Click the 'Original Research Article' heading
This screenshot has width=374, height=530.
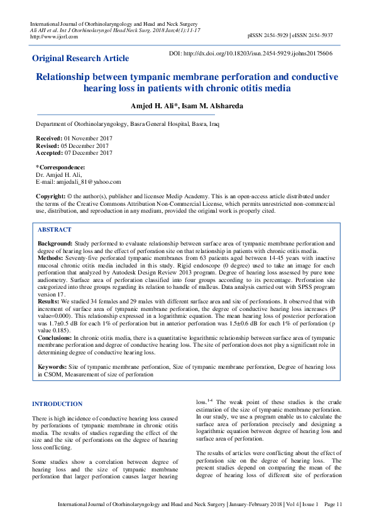(80, 59)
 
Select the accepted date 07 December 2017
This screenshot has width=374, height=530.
(89, 152)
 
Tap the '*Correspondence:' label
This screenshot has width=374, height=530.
(60, 167)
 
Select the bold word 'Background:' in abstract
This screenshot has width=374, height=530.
(55, 242)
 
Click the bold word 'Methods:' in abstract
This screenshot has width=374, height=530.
(52, 257)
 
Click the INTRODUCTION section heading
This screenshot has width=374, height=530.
(57, 404)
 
